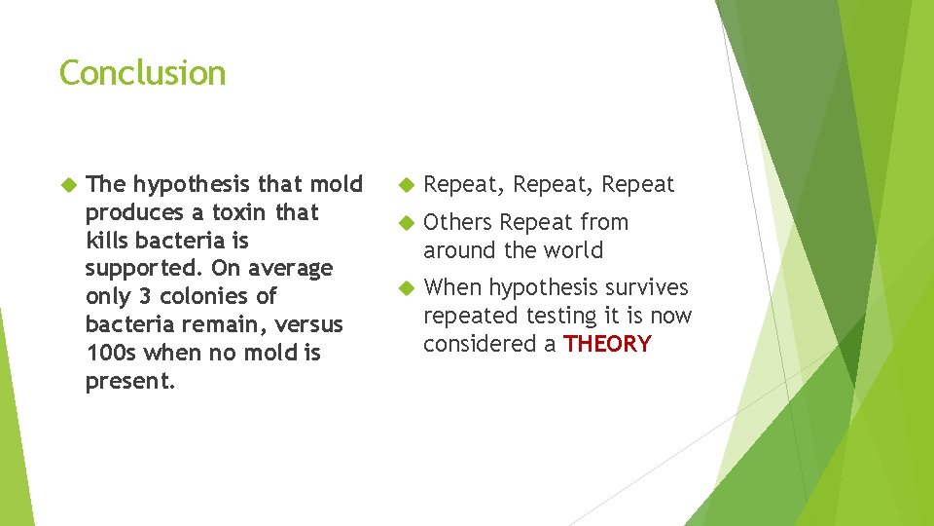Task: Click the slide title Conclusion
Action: point(142,73)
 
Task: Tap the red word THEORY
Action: point(607,344)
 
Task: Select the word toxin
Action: point(242,212)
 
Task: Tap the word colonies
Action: point(218,296)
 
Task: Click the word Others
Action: point(458,222)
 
